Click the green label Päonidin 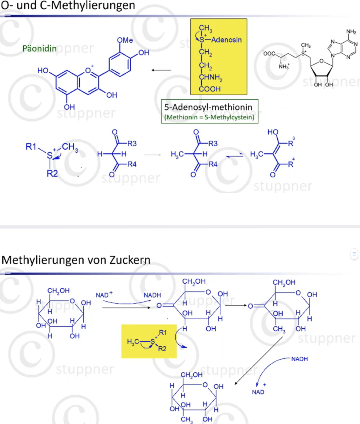point(39,49)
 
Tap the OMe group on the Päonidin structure point(125,40)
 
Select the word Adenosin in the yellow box point(226,40)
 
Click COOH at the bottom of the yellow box point(210,89)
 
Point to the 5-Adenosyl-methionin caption point(208,107)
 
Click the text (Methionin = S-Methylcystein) point(209,117)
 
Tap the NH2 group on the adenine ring point(351,32)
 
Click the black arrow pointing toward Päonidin point(161,70)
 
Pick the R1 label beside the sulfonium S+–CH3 point(31,147)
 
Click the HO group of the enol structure point(273,132)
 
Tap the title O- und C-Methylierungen point(68,5)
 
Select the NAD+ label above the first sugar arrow point(104,295)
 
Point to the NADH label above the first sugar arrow point(152,295)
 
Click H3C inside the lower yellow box point(133,342)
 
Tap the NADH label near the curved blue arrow point(299,359)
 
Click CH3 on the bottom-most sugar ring point(186,419)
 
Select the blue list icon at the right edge point(354,254)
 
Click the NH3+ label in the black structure point(284,66)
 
